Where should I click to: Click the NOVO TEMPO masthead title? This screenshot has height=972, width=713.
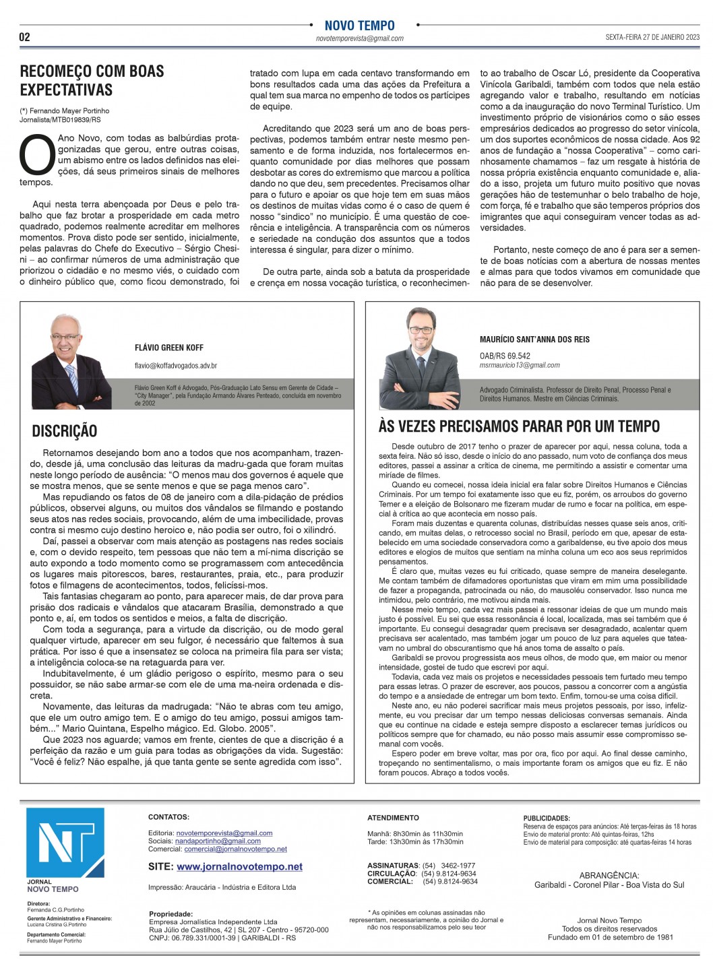359,26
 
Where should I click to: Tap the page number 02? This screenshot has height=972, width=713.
24,37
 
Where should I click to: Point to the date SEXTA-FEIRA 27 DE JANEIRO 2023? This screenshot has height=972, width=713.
652,38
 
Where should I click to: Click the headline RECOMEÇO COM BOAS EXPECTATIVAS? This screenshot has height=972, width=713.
92,80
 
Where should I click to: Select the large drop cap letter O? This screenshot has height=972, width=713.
37,155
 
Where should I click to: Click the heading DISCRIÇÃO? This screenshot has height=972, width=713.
65,431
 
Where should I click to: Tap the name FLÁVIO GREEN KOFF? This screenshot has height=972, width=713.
169,348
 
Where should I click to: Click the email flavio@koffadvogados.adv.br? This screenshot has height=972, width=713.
176,366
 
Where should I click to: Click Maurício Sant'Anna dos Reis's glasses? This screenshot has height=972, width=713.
421,330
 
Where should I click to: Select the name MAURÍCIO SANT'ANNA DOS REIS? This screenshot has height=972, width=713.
534,339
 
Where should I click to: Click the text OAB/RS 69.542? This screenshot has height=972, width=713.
505,356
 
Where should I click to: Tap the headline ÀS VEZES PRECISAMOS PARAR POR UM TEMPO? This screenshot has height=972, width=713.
519,426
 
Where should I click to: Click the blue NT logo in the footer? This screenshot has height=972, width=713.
65,843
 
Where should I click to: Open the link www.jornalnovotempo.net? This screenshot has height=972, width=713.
239,867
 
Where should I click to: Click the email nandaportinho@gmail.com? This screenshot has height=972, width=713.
218,841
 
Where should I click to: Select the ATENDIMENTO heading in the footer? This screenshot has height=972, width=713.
393,818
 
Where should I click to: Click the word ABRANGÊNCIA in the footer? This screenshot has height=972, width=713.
609,876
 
